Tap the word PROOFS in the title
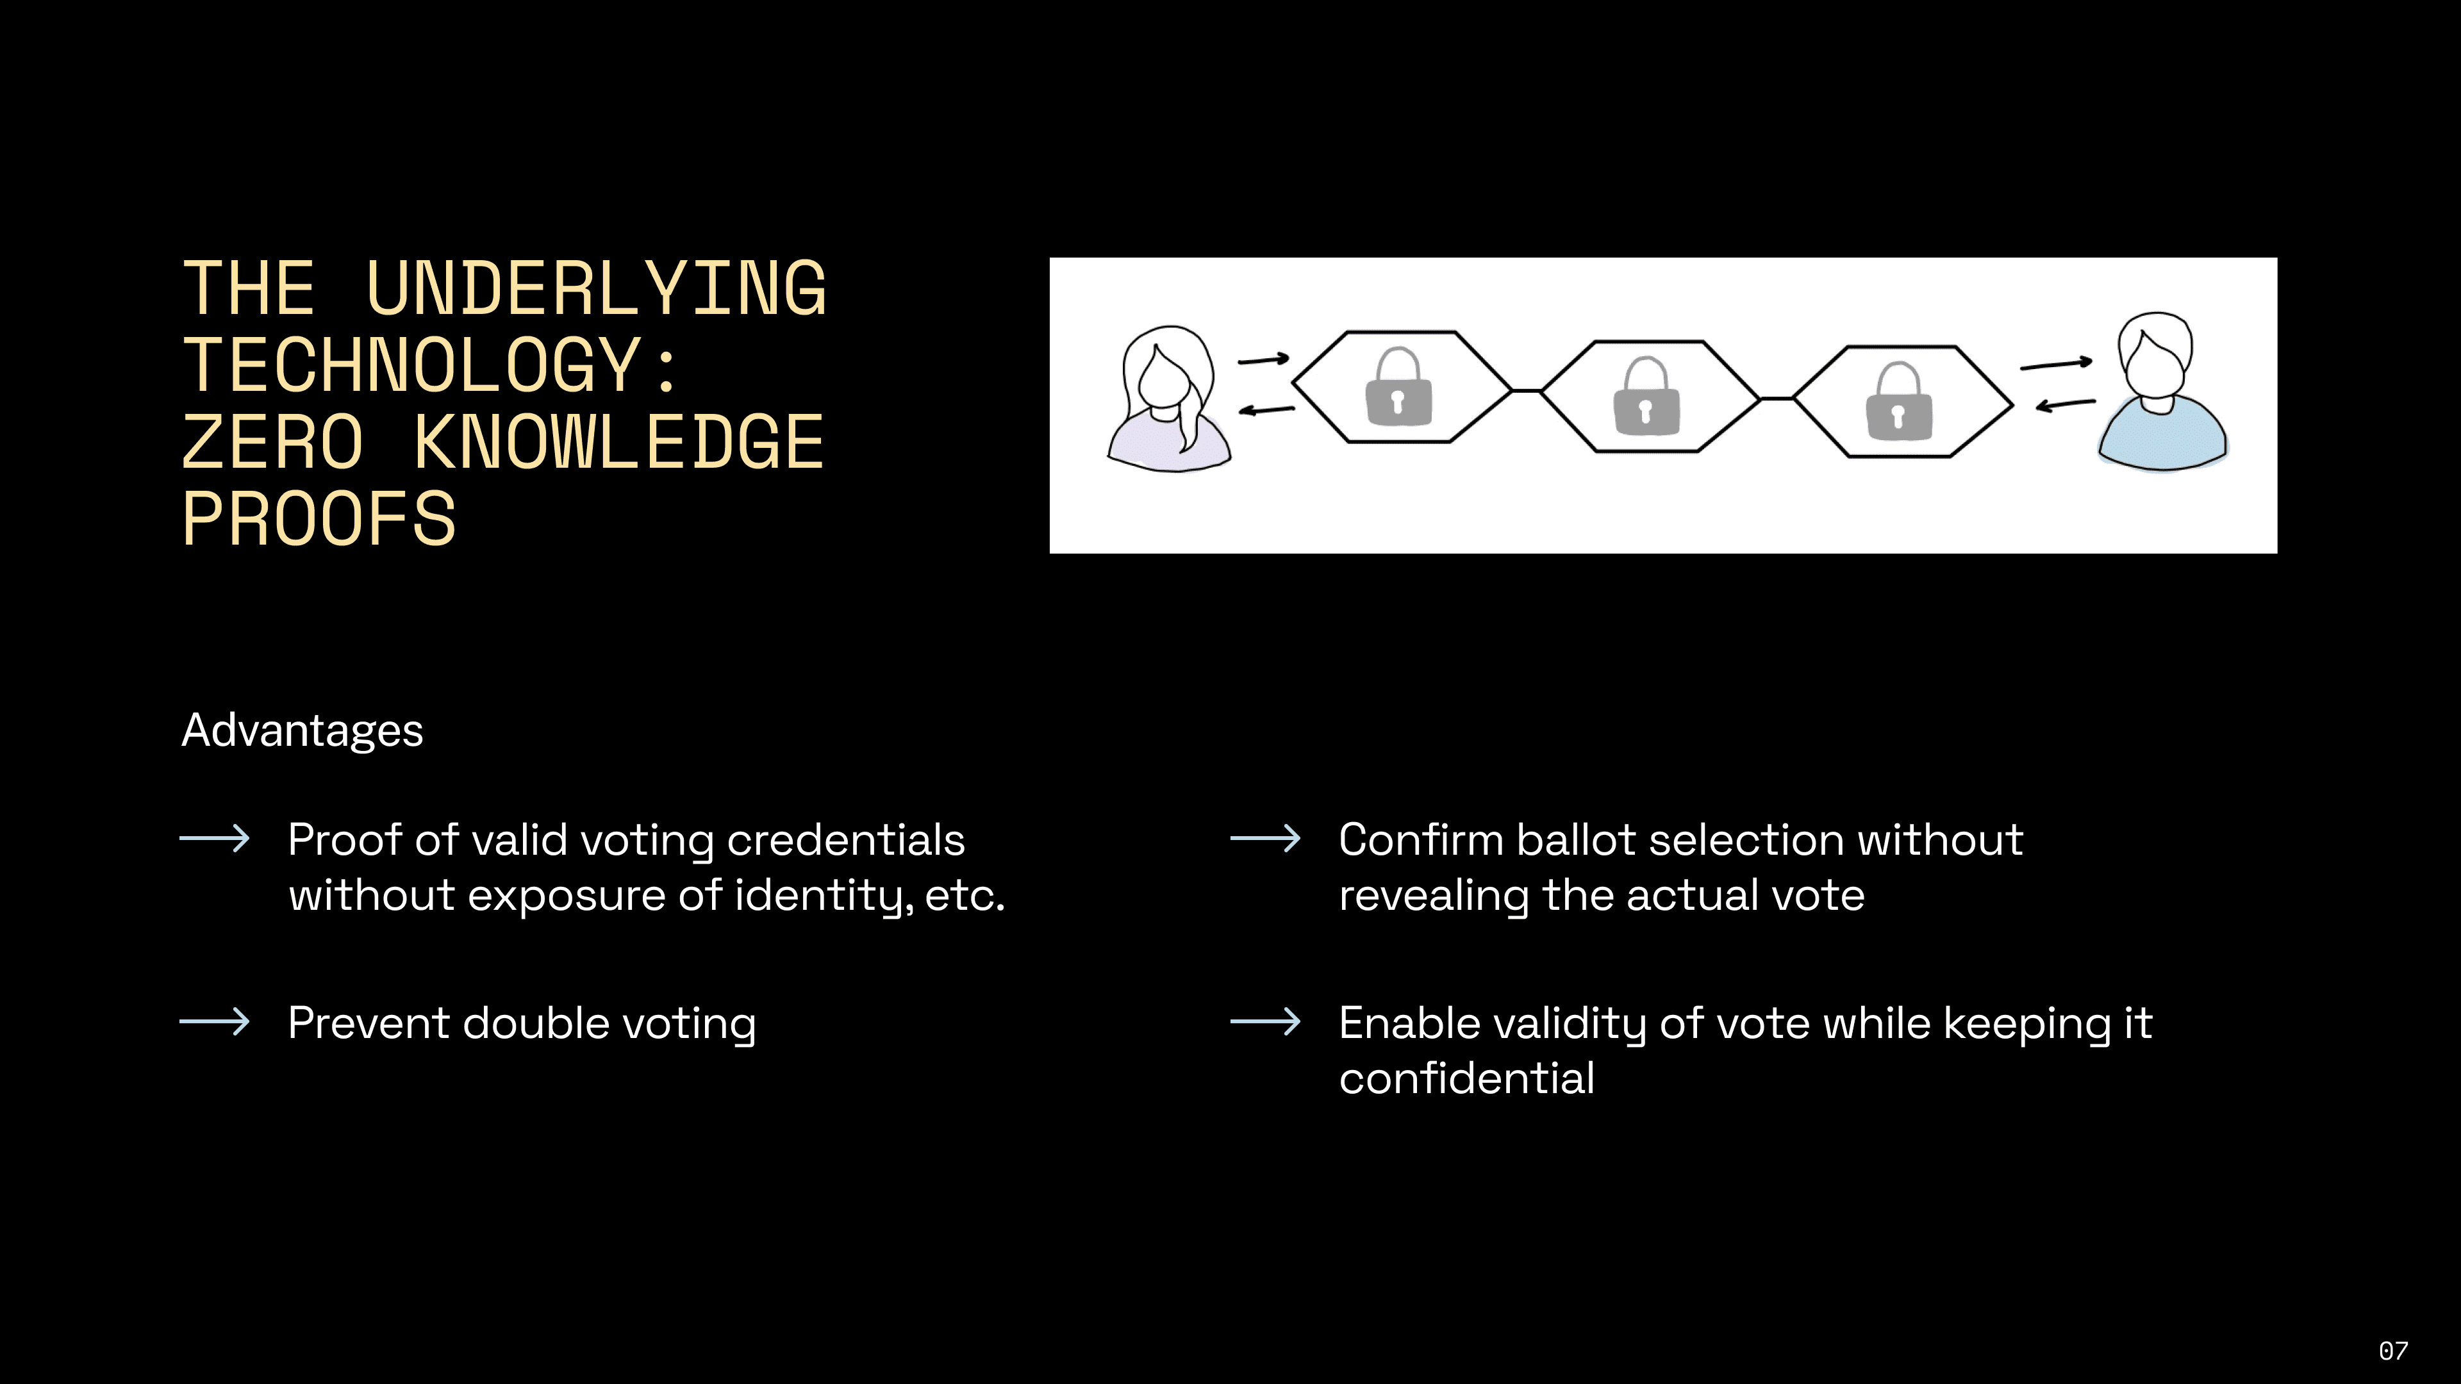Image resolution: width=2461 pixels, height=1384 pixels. point(319,520)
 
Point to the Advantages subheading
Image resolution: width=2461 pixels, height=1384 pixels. point(302,730)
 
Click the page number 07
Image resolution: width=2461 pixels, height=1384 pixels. point(2393,1351)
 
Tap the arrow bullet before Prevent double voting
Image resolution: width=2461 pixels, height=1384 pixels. point(215,1022)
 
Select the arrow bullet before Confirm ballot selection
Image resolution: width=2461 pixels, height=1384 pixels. point(1265,839)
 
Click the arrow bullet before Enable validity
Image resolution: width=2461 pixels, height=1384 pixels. point(1265,1022)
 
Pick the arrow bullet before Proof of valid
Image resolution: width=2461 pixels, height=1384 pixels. point(215,839)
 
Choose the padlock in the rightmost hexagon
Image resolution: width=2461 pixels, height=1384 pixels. point(1898,402)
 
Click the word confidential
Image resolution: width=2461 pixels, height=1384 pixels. point(1466,1078)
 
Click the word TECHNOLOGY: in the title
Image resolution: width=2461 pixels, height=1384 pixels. point(430,366)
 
